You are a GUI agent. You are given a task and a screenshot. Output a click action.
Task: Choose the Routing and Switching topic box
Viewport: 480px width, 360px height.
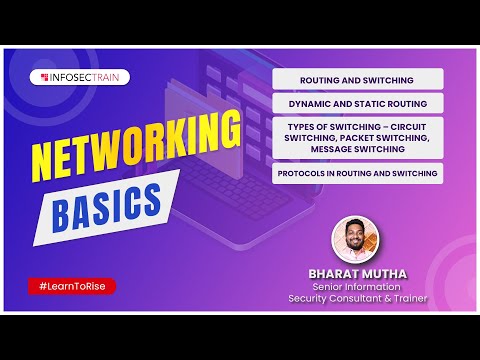[357, 79]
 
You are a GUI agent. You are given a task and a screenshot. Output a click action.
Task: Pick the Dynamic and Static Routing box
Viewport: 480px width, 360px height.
[357, 103]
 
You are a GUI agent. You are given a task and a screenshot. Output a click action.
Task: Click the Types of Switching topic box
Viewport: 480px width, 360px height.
[357, 137]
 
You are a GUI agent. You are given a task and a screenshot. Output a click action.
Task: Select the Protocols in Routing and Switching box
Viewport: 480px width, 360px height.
[357, 172]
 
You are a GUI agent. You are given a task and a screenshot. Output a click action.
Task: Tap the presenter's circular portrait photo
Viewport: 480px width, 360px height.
[357, 240]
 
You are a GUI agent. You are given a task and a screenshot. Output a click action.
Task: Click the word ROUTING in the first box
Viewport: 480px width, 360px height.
[323, 79]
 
